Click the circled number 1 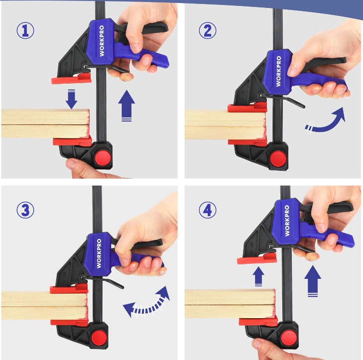[25, 30]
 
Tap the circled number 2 [208, 30]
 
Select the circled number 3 [25, 210]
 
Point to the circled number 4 [208, 210]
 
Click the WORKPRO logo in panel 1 [102, 41]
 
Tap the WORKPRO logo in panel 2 [278, 71]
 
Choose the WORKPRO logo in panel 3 [99, 253]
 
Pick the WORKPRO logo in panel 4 [287, 221]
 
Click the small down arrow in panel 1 [71, 99]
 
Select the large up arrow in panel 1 [126, 106]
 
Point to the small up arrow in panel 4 [258, 276]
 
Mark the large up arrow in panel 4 [313, 281]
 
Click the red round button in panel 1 [103, 158]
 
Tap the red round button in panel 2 [278, 159]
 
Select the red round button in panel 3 [99, 338]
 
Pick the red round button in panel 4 [289, 338]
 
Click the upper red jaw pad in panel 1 [71, 79]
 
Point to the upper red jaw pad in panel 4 [257, 259]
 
